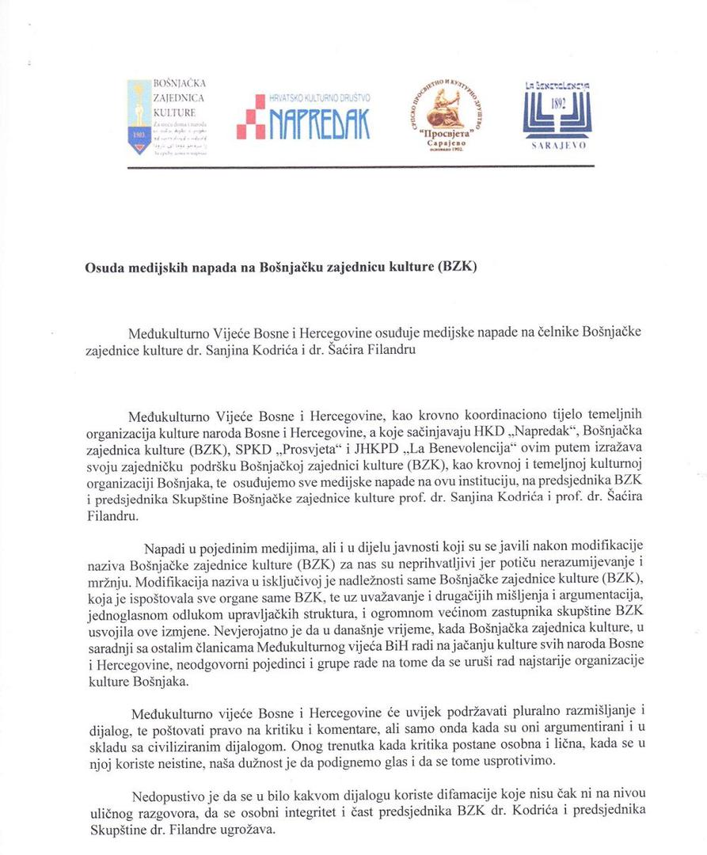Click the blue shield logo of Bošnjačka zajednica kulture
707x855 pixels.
(139, 117)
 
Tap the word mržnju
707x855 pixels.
(104, 579)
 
